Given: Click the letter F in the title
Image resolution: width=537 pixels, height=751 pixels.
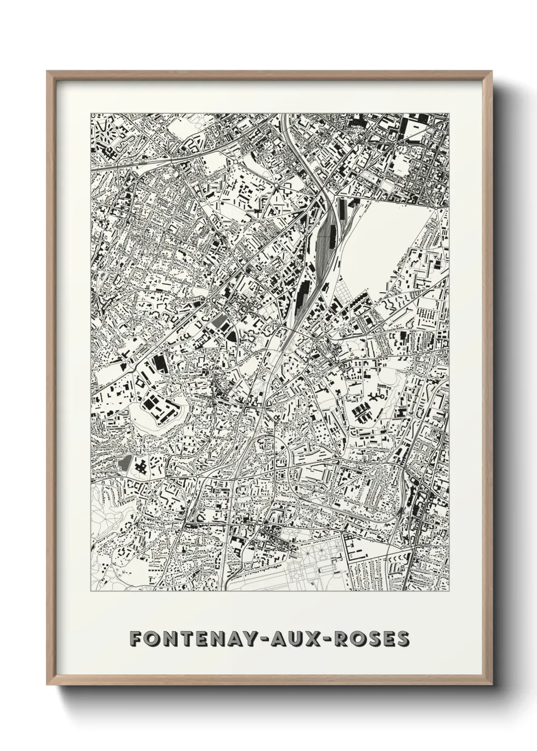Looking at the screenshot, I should [x=136, y=638].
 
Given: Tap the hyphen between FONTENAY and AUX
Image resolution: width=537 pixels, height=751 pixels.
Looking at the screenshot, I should [x=269, y=639].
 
